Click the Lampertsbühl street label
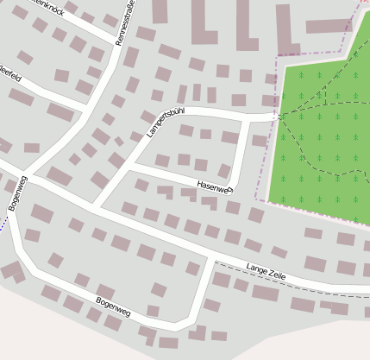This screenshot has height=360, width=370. pyautogui.click(x=166, y=123)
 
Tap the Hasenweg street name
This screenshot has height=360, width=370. pyautogui.click(x=215, y=186)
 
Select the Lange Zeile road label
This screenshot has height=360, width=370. pyautogui.click(x=266, y=272)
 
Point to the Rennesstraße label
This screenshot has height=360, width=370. pyautogui.click(x=126, y=22)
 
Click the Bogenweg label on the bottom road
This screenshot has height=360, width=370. pyautogui.click(x=113, y=306)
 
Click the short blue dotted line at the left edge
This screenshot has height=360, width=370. pyautogui.click(x=3, y=223)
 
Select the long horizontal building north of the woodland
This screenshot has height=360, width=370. pyautogui.click(x=329, y=27)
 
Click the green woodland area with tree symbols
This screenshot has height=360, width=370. pyautogui.click(x=323, y=147)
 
